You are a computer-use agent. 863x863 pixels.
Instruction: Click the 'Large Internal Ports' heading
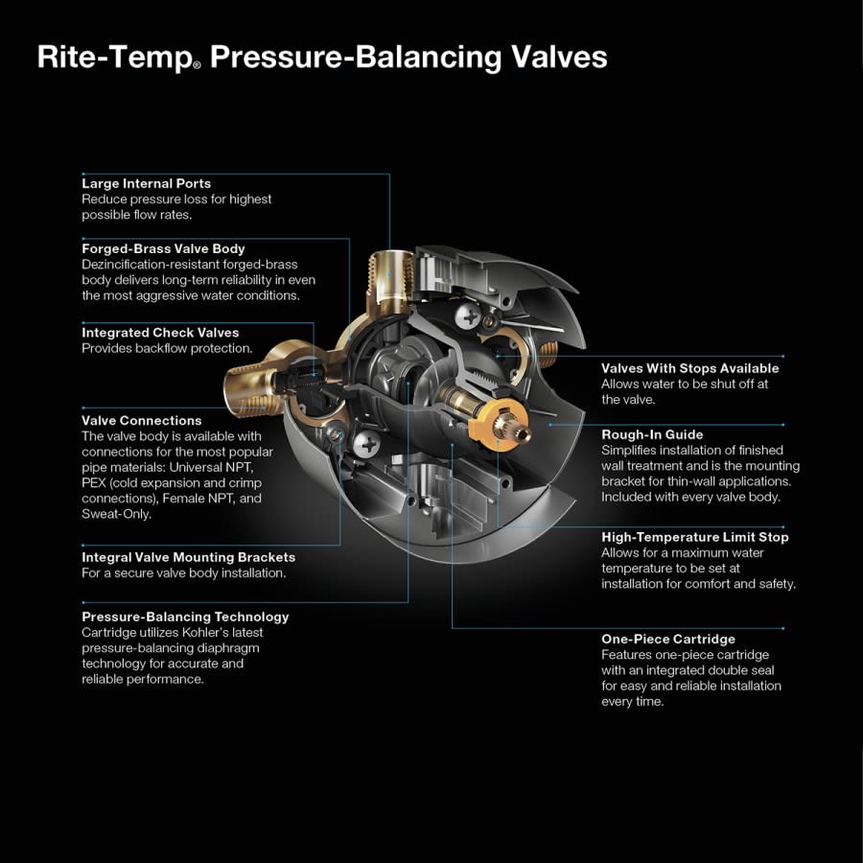[x=146, y=183]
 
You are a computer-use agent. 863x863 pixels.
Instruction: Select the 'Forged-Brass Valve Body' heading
[x=163, y=248]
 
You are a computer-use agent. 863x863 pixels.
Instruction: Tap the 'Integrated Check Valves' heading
[x=160, y=333]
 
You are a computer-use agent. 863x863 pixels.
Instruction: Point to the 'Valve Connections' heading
[x=142, y=420]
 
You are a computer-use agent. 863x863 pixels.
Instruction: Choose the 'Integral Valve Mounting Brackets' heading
[x=188, y=557]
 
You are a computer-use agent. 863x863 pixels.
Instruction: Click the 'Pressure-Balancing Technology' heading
[x=185, y=617]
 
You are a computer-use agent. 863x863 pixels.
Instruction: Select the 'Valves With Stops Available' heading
[x=689, y=368]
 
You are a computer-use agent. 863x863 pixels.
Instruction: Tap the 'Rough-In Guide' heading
[x=652, y=434]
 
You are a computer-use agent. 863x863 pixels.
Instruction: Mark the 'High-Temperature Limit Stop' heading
[x=695, y=537]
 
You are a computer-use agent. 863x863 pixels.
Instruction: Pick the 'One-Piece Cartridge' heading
[x=668, y=639]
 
